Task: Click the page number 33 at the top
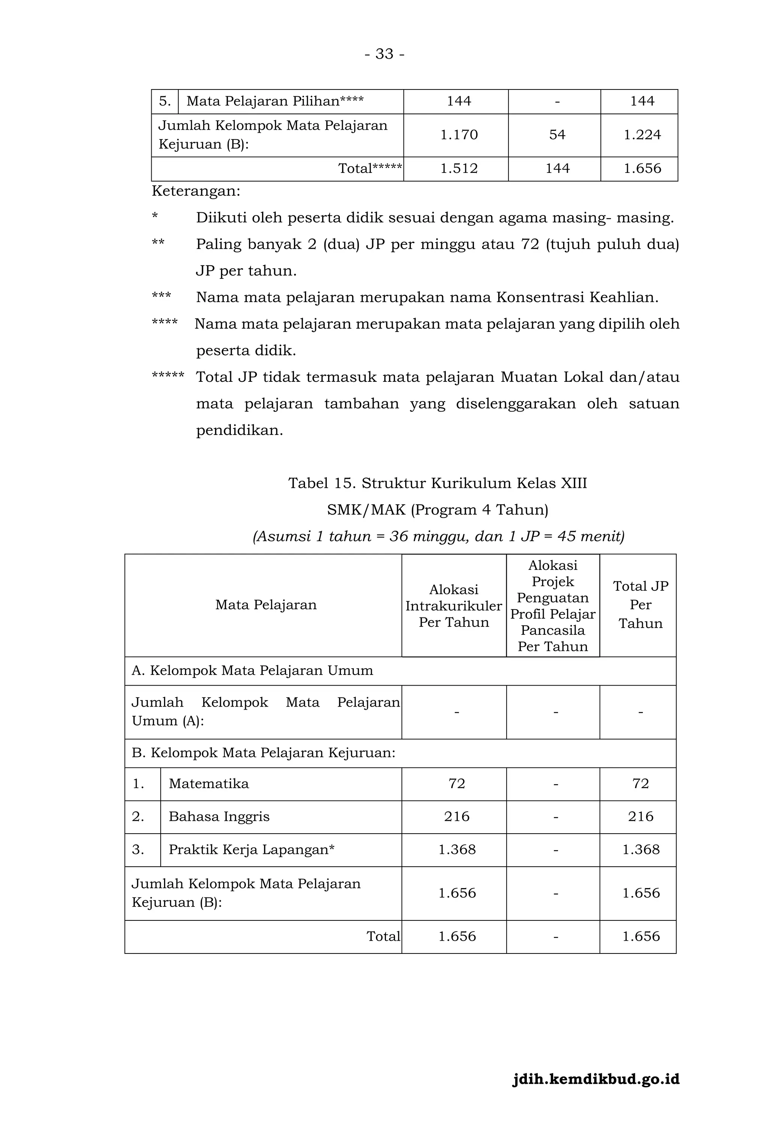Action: [384, 54]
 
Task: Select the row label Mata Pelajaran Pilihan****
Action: [274, 101]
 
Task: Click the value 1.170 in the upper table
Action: [458, 135]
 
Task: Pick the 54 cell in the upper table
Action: [557, 135]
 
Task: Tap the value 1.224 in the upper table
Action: [642, 135]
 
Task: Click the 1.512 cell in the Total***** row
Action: [458, 168]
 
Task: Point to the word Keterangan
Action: [196, 191]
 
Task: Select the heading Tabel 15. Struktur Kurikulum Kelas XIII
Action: [437, 483]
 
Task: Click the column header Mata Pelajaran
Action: [266, 605]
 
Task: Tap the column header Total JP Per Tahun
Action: [640, 605]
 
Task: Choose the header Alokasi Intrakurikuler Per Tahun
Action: [454, 605]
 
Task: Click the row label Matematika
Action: [208, 784]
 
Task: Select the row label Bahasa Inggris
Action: [219, 817]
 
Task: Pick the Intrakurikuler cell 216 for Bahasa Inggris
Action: [456, 817]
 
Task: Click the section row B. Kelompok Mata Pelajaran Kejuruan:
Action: [263, 753]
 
